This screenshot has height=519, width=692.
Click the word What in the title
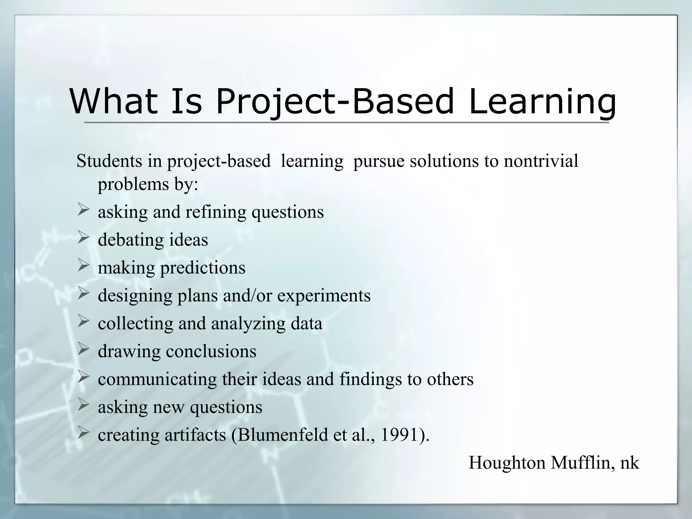tap(114, 101)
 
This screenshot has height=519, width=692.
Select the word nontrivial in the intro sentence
tap(541, 161)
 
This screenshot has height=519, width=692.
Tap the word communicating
tap(157, 379)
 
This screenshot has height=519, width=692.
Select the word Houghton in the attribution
tap(507, 463)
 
